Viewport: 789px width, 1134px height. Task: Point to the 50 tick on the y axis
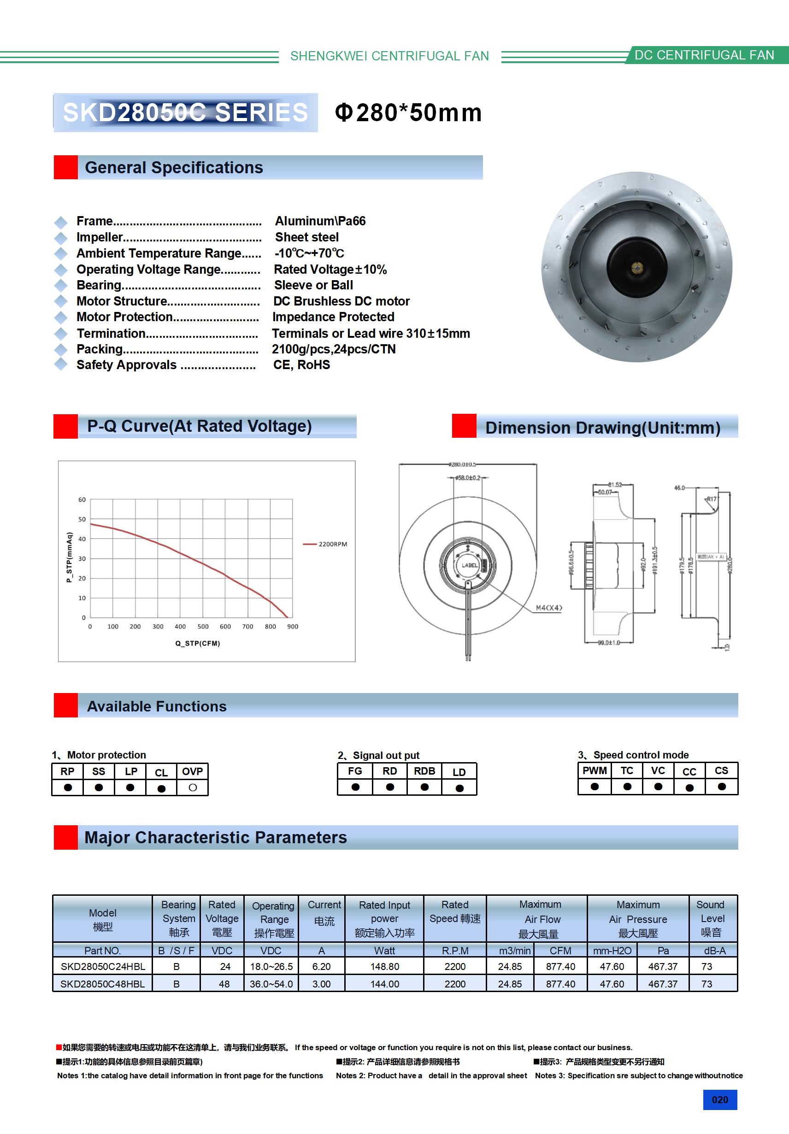click(82, 520)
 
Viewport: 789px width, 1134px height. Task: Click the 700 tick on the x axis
click(247, 627)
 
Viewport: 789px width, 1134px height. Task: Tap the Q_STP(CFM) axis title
click(198, 644)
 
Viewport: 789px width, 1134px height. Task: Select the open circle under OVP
click(193, 788)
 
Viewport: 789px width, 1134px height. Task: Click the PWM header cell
click(595, 771)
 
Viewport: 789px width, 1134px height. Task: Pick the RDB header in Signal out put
click(424, 771)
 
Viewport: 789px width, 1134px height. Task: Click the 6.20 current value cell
click(322, 967)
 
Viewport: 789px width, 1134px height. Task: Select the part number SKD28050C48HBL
click(103, 984)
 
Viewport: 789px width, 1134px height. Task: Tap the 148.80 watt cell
click(384, 967)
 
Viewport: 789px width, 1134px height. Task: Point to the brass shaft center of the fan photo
click(636, 268)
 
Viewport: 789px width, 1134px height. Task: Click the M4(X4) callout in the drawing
click(549, 608)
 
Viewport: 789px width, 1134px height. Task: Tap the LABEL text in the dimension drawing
click(469, 565)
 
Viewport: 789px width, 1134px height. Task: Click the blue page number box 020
click(720, 1100)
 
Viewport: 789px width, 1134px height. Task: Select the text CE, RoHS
click(301, 365)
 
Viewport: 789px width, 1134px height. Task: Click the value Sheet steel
click(307, 238)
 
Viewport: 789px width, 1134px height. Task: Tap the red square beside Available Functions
click(66, 705)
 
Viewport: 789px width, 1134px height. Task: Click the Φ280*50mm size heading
click(408, 112)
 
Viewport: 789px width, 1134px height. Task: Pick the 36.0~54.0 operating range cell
click(271, 984)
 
